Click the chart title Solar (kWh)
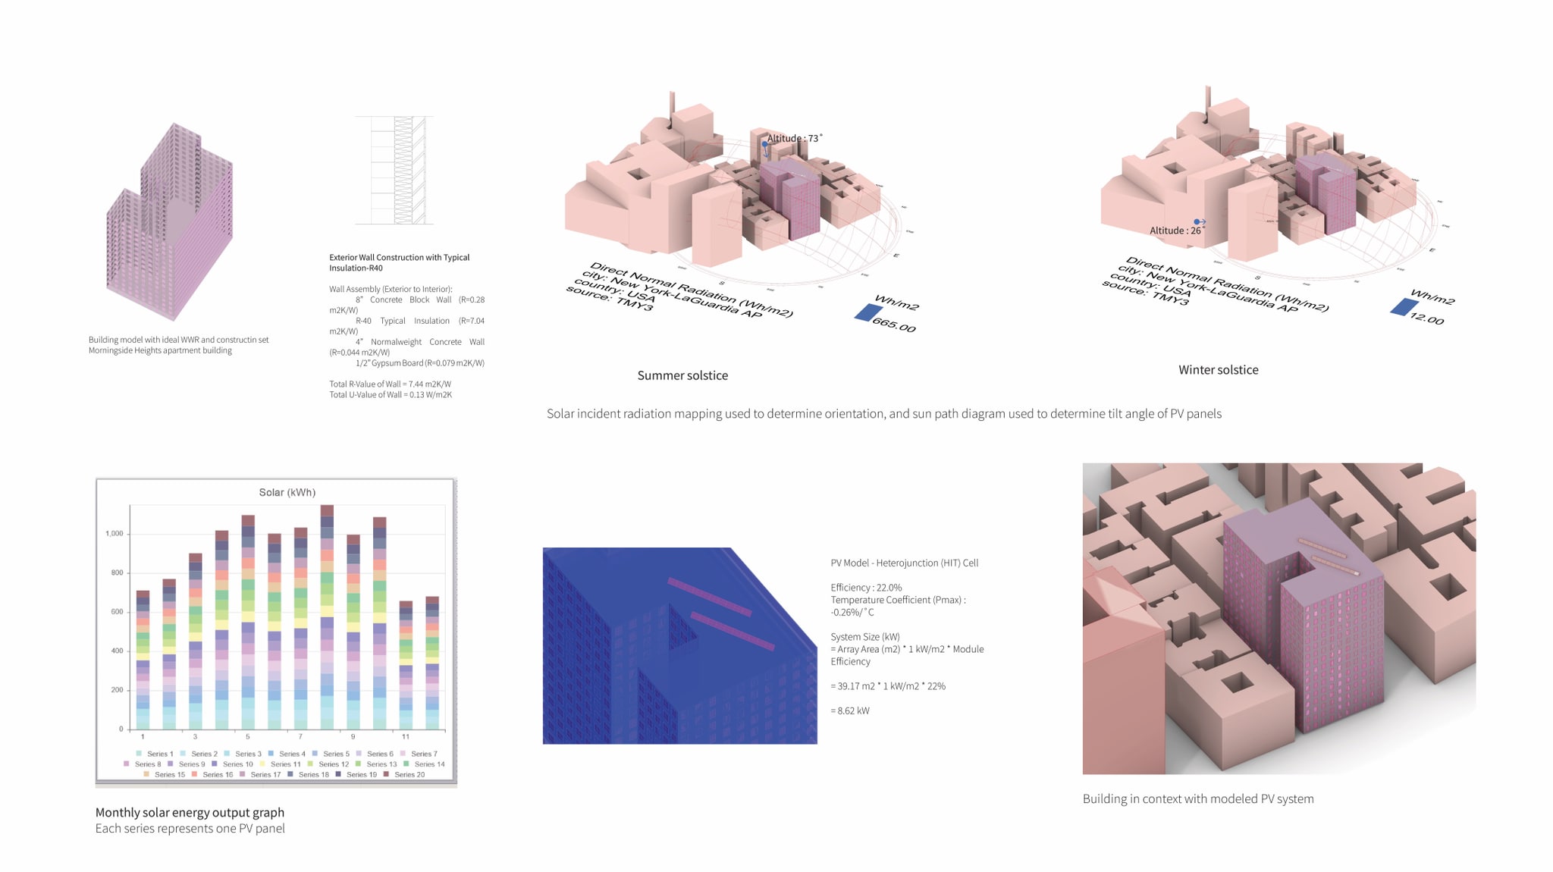287,492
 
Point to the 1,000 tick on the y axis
115,534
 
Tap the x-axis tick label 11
406,736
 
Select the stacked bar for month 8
327,617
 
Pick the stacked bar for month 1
143,660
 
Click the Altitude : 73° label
794,138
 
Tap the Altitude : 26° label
1175,231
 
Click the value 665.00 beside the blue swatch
894,325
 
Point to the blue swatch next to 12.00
1404,306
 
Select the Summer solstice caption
682,375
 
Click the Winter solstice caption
1218,370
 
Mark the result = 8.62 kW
850,710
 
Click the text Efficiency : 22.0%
866,588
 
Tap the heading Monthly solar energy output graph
190,812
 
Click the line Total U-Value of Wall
391,394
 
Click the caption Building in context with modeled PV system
1197,798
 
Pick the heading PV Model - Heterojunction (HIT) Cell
904,563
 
